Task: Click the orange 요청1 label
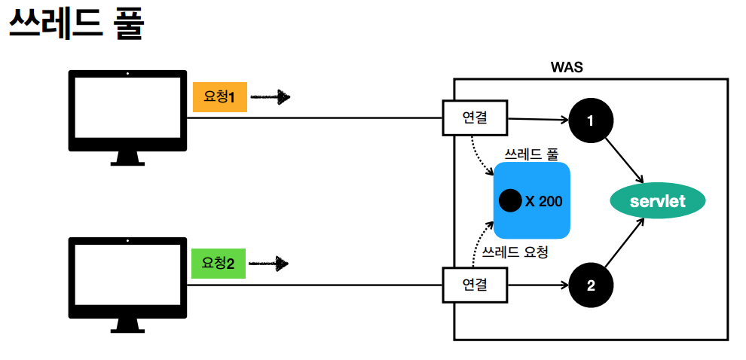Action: coord(219,97)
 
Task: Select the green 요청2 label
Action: coord(219,264)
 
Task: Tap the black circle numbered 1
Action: coord(591,121)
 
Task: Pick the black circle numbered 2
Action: coord(591,285)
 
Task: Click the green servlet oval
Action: coord(657,201)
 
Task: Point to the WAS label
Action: coord(567,68)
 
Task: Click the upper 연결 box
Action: coord(475,117)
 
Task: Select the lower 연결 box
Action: coord(475,285)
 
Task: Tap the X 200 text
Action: coord(543,201)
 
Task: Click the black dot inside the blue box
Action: coord(509,201)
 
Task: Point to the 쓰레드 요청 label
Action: coord(515,252)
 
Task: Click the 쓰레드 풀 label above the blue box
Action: coord(531,154)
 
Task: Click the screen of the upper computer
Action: coord(127,109)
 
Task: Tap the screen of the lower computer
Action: coord(127,276)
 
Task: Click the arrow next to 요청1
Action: coord(270,97)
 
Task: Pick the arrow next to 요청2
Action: coord(269,264)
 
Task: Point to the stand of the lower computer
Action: coord(127,325)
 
